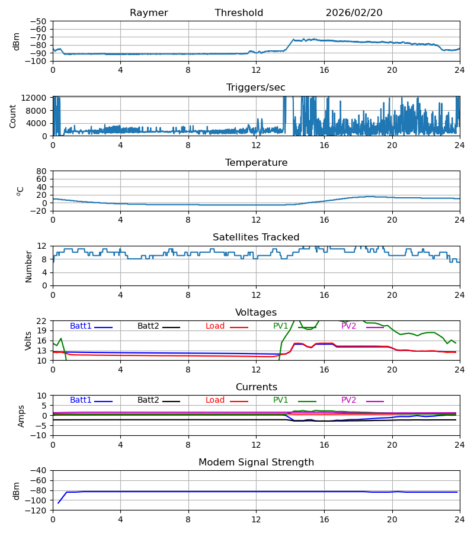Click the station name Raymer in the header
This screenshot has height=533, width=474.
[149, 13]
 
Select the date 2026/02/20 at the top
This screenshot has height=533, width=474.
[354, 13]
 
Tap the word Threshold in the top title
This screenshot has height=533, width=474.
[239, 13]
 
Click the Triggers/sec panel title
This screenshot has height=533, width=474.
[256, 88]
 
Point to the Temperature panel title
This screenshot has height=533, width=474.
[256, 163]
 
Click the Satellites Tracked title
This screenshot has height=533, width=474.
[256, 237]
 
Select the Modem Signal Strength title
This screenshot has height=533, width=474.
[256, 463]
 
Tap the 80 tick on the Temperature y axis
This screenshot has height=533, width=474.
[42, 171]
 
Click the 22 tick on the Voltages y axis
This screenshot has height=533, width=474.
[42, 321]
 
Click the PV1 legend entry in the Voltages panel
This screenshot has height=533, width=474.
[281, 326]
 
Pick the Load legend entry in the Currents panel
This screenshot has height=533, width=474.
[215, 400]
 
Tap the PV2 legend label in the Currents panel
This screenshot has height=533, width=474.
[348, 400]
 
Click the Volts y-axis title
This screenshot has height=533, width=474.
[28, 341]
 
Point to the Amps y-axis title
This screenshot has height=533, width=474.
[23, 416]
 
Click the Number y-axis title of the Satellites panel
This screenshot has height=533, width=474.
[28, 266]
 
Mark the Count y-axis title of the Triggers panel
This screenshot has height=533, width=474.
[13, 116]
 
